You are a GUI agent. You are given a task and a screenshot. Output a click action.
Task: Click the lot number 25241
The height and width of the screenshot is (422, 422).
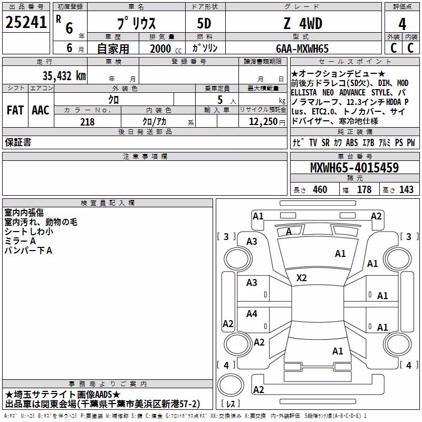[26, 22]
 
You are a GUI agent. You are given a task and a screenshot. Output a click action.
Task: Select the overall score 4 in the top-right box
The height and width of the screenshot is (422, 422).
[402, 24]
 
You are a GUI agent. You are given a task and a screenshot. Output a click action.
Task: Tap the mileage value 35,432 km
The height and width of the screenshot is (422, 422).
[64, 75]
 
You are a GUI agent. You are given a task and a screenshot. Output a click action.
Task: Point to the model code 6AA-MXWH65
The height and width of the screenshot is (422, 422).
[302, 49]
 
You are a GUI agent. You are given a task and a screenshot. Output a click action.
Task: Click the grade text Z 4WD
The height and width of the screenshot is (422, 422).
[303, 23]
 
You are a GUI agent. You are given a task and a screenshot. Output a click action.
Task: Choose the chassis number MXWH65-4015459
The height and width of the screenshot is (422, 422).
[354, 167]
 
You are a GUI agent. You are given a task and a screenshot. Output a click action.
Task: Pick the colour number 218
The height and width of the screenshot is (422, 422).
[88, 122]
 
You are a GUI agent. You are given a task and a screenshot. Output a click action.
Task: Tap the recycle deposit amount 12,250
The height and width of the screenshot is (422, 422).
[263, 122]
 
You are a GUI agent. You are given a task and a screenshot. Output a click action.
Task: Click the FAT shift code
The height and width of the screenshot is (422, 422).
[15, 110]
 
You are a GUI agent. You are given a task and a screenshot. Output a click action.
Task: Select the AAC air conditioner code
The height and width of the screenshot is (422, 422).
[41, 110]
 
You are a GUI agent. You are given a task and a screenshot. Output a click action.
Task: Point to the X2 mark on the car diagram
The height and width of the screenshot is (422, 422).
[301, 278]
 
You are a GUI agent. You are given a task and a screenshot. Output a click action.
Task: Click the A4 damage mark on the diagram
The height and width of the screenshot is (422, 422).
[252, 313]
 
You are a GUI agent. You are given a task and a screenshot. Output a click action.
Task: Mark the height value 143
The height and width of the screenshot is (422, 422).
[406, 189]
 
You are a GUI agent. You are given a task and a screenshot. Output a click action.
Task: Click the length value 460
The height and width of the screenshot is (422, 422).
[320, 189]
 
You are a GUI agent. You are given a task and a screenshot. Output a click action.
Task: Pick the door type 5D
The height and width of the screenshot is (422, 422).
[204, 23]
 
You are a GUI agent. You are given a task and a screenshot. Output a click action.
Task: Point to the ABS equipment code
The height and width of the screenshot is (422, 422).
[352, 142]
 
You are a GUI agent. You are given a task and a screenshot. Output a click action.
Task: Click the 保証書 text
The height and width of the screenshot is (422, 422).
[18, 142]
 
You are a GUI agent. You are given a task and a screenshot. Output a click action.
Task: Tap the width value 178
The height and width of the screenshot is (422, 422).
[364, 189]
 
